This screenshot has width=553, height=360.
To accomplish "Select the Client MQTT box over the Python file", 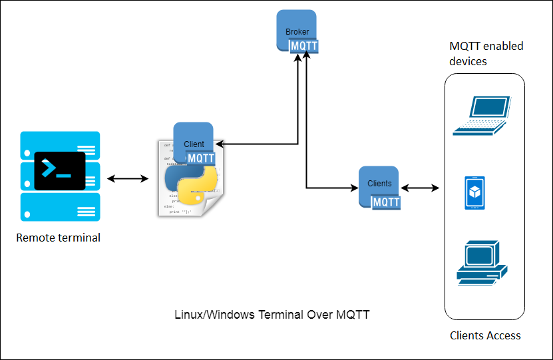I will pos(194,144).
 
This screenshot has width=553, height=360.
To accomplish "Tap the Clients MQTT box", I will pos(379,187).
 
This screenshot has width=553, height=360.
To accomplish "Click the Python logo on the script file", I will pos(191,184).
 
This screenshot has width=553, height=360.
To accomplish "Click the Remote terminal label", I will pos(59,238).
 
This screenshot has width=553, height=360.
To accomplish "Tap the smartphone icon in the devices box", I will pos(474,193).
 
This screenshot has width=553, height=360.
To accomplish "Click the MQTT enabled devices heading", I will pos(486,54).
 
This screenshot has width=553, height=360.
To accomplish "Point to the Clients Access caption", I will pos(485,335).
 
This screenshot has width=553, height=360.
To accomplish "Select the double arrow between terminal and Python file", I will pos(128,178).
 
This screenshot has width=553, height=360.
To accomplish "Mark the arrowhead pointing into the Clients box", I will pos(354,187).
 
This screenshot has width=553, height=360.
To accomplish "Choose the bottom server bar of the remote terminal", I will pos(61,207).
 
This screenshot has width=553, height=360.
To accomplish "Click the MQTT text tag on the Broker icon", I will pos(304,46).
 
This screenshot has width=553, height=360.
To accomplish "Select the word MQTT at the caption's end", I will pos(353,314).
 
